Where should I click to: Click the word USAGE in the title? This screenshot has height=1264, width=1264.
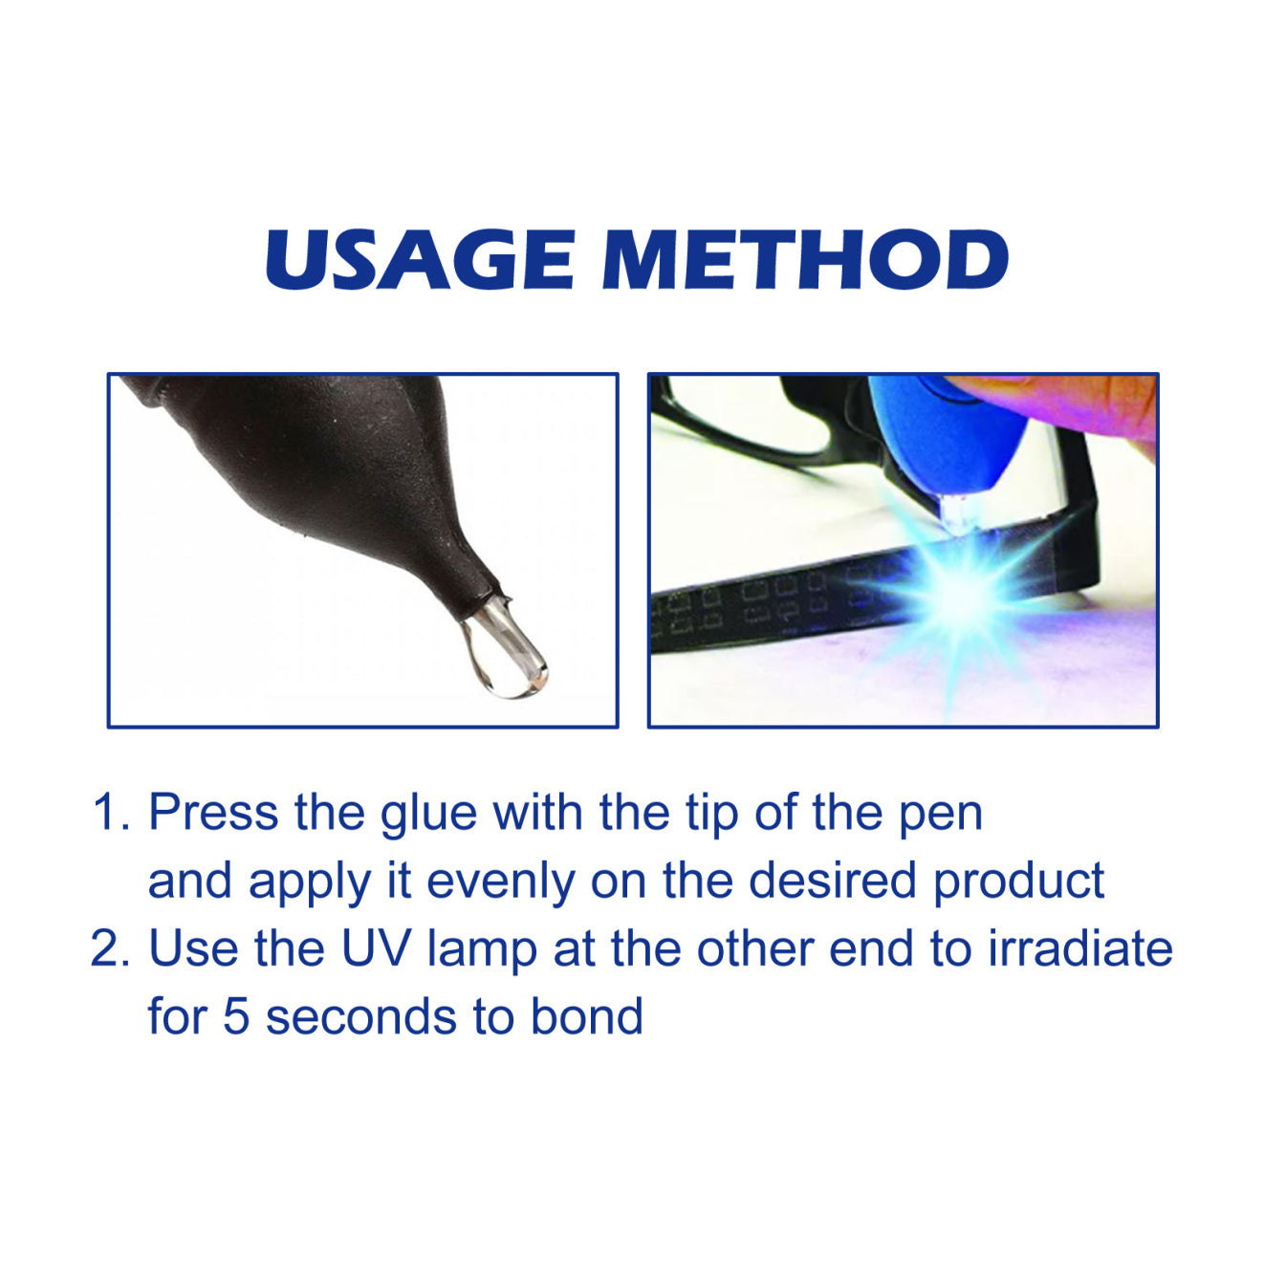pos(420,259)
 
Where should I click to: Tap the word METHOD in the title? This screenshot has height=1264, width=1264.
pos(806,259)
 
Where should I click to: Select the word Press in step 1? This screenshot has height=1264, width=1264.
pos(213,813)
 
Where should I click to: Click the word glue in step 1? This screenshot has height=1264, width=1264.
pos(428,815)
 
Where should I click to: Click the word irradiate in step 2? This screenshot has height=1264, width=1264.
pos(1080,948)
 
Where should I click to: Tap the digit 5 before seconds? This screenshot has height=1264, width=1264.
pos(236,1016)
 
